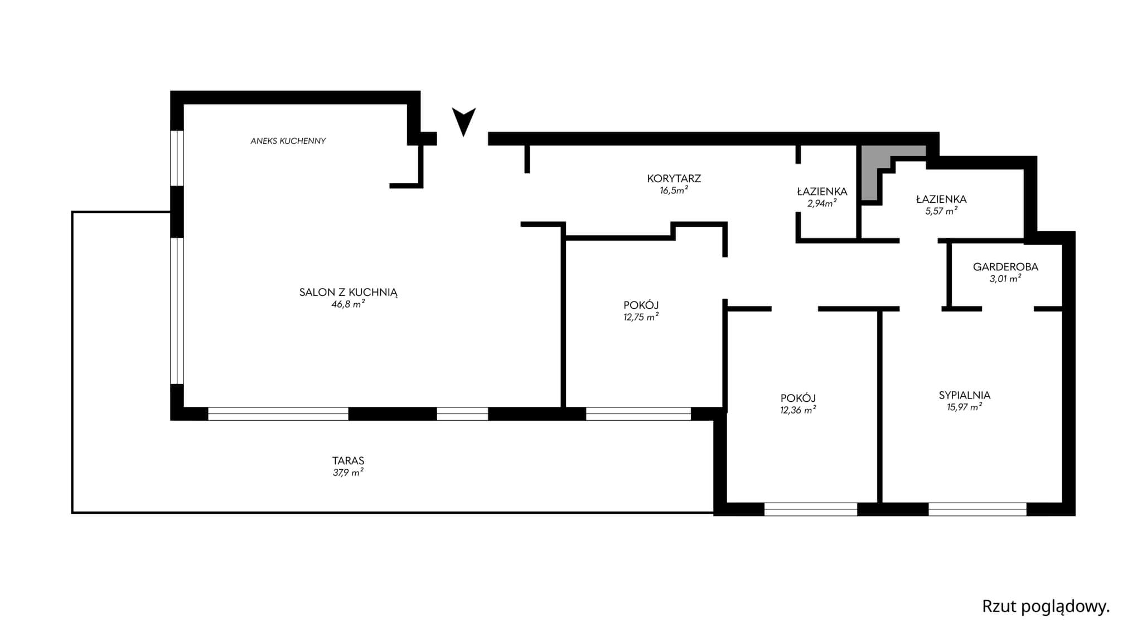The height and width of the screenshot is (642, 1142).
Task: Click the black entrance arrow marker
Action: pyautogui.click(x=463, y=120)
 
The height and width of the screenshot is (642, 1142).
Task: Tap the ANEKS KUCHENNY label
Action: pyautogui.click(x=288, y=141)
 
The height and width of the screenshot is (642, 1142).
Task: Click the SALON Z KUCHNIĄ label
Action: pyautogui.click(x=348, y=292)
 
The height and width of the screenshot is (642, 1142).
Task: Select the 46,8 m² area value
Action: pyautogui.click(x=348, y=304)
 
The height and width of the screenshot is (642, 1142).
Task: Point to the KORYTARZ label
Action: pyautogui.click(x=674, y=178)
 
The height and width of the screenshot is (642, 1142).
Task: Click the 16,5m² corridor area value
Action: pyautogui.click(x=674, y=190)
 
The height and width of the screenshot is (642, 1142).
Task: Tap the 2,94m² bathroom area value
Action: pyautogui.click(x=822, y=203)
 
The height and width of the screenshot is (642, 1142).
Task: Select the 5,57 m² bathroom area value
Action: pyautogui.click(x=941, y=211)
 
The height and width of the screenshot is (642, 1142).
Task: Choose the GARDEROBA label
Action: pyautogui.click(x=1005, y=267)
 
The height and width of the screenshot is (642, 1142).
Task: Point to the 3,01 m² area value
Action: pyautogui.click(x=1005, y=279)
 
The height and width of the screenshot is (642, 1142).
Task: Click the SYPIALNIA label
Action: pyautogui.click(x=965, y=395)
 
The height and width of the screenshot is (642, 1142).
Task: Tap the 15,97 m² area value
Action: pyautogui.click(x=965, y=407)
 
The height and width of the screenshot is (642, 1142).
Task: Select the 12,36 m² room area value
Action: pyautogui.click(x=798, y=410)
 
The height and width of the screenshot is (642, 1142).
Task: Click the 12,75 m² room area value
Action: pyautogui.click(x=641, y=317)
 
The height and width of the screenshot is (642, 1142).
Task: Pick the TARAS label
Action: pyautogui.click(x=348, y=461)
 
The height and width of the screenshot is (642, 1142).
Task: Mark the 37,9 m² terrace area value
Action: pyautogui.click(x=348, y=473)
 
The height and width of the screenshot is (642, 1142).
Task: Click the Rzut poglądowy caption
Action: pyautogui.click(x=1046, y=607)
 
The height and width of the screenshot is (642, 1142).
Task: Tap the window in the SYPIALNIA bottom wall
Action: pyautogui.click(x=978, y=509)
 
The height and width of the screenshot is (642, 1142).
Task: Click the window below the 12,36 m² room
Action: pyautogui.click(x=810, y=509)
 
